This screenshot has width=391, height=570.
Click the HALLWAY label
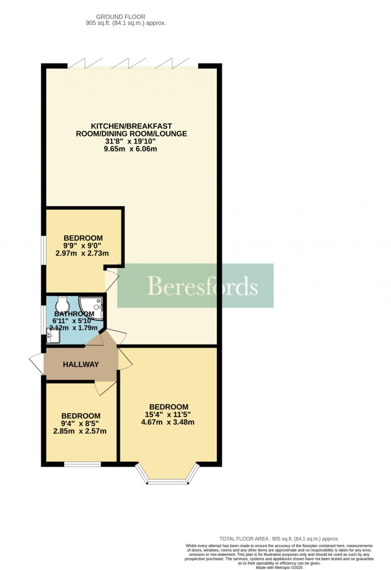[80, 364]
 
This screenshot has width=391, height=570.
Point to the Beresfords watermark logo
[195, 286]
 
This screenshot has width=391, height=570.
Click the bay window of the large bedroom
[168, 474]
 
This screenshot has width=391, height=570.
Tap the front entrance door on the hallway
[37, 364]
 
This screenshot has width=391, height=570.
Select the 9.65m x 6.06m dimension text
[130, 149]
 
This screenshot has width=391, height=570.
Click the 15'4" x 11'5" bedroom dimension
[168, 415]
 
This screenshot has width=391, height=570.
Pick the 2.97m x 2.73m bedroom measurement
[82, 253]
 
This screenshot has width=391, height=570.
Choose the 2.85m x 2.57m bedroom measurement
[80, 431]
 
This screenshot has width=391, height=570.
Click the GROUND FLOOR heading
[121, 17]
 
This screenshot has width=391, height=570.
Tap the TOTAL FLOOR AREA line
[279, 539]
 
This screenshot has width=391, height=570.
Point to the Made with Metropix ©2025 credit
[279, 567]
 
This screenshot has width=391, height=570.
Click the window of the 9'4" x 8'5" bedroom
[82, 464]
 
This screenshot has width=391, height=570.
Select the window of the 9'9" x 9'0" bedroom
[43, 250]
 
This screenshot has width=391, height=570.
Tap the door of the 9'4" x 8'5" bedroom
[105, 388]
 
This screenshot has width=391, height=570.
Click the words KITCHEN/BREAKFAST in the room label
[131, 126]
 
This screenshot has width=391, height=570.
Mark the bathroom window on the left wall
[43, 319]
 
